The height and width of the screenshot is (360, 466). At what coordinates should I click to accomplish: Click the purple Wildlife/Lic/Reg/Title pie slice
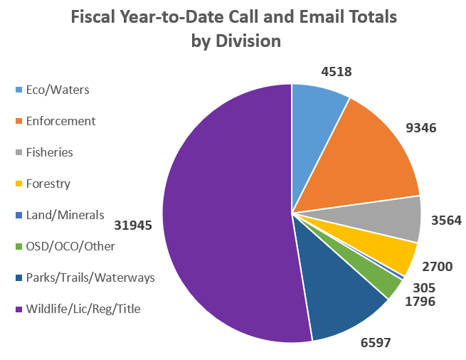click(x=221, y=213)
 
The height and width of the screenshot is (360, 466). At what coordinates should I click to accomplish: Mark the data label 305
click(x=424, y=287)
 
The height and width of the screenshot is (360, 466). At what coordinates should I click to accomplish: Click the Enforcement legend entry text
click(x=60, y=121)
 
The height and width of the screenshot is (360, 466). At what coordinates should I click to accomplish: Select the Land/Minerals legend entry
click(x=65, y=215)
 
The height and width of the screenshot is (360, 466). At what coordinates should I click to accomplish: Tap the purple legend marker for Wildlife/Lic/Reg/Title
click(x=18, y=309)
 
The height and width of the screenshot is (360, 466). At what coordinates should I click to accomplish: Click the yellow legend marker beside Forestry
click(x=18, y=184)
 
